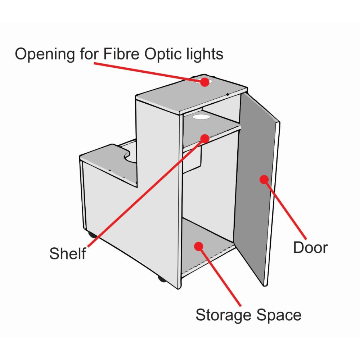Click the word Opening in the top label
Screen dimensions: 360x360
[45, 54]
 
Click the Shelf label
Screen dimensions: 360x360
[68, 253]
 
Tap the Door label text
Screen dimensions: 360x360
[310, 248]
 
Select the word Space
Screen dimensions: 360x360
[279, 315]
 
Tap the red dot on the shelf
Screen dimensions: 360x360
[205, 139]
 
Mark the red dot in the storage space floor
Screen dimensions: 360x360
[199, 246]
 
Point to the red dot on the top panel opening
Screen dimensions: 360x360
[204, 82]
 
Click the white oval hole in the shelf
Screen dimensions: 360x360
[201, 117]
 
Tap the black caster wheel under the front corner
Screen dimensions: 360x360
[162, 279]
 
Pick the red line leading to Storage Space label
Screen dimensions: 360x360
[220, 276]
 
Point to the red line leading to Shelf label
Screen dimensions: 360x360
[146, 193]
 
